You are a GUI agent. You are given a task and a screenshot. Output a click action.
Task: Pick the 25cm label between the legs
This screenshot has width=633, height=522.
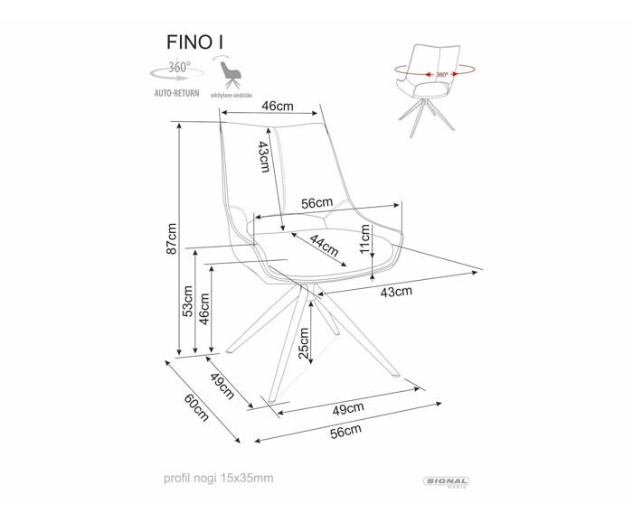coord(305,342)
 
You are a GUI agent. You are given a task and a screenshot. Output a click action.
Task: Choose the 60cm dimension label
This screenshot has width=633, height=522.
coord(197,407)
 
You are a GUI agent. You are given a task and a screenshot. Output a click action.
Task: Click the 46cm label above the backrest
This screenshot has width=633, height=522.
coord(278,105)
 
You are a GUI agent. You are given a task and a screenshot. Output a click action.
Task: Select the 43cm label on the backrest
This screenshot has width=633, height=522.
coord(264,158)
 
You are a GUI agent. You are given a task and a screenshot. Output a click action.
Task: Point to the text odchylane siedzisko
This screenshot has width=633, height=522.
coord(231,94)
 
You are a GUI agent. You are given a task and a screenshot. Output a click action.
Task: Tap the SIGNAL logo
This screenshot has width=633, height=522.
coord(446,483)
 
